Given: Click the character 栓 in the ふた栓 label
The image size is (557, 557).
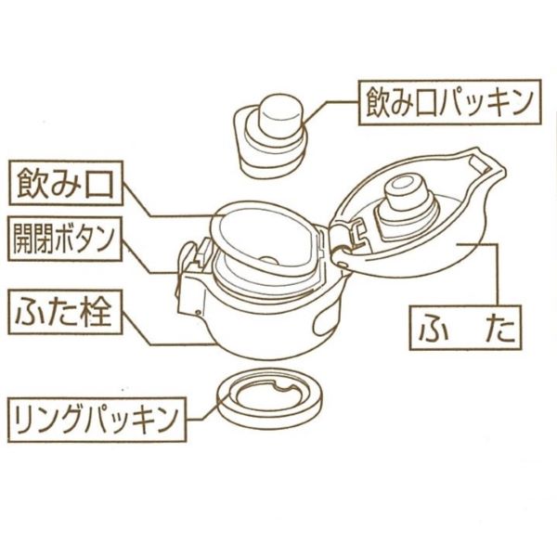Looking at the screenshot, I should [97, 309].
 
